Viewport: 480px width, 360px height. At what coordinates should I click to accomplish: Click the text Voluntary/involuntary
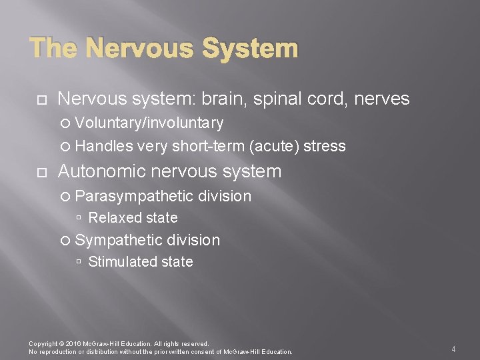pos(149,123)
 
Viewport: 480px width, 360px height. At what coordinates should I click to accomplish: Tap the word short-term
pos(209,146)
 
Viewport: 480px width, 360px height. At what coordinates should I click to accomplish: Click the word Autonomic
pos(103,171)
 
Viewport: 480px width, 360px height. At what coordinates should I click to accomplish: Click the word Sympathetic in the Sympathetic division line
pos(119,240)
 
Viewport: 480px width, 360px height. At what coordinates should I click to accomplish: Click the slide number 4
pos(453,349)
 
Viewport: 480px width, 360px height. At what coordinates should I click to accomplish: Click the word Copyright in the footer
pos(43,344)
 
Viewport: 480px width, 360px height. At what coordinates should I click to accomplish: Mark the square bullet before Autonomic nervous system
pos(41,172)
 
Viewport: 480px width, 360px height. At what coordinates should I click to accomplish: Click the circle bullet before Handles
pos(65,146)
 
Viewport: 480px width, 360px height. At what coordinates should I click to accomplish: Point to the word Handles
pos(104,146)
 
